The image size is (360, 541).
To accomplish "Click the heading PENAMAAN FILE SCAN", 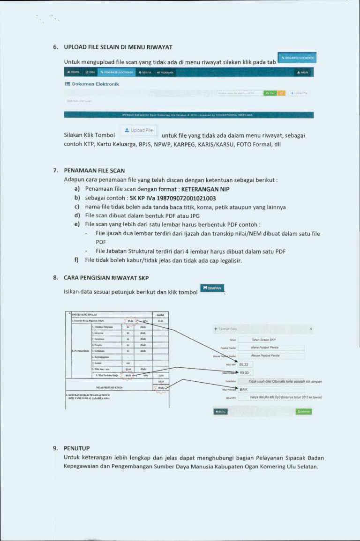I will pos(94,170).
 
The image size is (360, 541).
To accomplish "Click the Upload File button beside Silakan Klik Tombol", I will pos(139,130).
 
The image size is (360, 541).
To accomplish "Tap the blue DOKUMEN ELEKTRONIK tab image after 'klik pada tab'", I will pos(297,58).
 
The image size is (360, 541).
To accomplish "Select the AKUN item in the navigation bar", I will pos(302,73).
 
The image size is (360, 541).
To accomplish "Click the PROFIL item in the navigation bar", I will pos(74,73).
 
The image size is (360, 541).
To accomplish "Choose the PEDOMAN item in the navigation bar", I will pos(166,73).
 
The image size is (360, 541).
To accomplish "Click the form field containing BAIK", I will pos(271,389).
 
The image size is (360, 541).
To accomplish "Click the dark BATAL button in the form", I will pos(220,412).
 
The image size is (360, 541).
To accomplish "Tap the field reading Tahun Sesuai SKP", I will pos(271,340).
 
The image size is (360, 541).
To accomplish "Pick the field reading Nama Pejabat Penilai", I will pos(271,348).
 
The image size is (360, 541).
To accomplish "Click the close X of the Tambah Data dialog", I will pos(311,329).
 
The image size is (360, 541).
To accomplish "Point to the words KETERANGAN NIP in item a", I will pos(205,189).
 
